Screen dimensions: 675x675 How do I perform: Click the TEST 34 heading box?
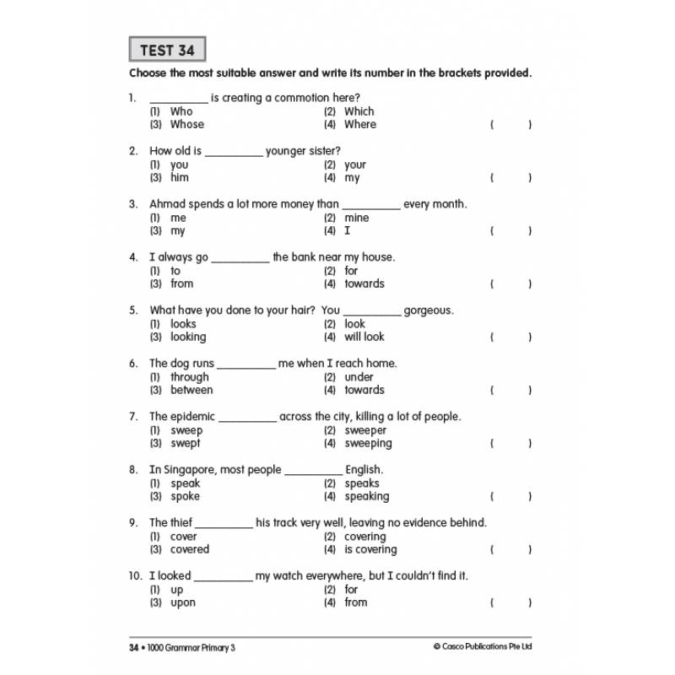point(167,50)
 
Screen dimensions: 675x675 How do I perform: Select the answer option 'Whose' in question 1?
point(186,124)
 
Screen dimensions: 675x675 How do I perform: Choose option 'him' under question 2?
point(179,177)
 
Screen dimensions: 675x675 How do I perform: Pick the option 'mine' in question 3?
point(356,218)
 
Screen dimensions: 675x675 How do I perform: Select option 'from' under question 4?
point(181,283)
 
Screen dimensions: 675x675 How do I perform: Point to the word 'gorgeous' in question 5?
point(429,310)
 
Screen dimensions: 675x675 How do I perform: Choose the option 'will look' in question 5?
point(364,337)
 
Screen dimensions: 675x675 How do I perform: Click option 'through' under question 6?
point(189,377)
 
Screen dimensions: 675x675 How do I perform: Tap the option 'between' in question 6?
point(192,390)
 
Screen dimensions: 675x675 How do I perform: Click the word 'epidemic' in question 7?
point(192,417)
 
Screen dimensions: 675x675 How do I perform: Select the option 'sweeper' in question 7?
point(365,430)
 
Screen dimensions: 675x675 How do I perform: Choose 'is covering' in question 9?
point(370,549)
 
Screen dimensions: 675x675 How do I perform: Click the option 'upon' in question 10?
point(182,602)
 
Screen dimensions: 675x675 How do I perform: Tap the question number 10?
point(135,576)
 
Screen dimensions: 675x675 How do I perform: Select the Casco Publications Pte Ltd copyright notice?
point(483,647)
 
